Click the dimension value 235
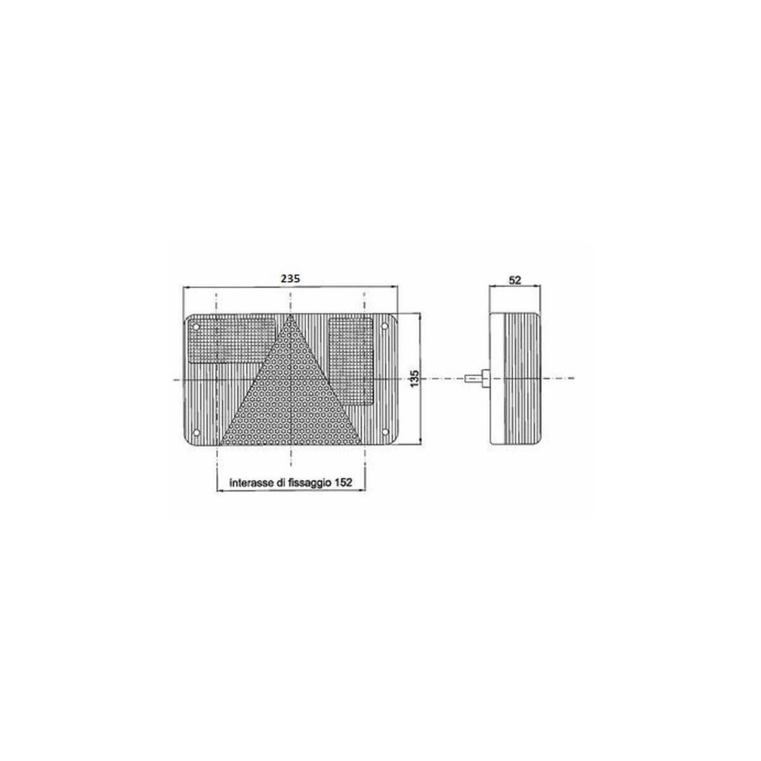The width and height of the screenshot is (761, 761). coord(290,278)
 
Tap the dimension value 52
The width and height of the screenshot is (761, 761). coord(515,280)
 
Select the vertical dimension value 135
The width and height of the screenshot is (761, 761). coord(414,379)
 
